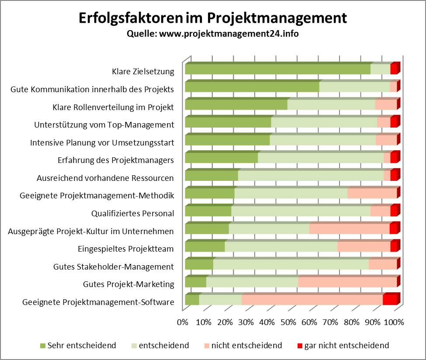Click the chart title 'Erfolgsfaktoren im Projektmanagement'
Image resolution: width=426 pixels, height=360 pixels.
[212, 18]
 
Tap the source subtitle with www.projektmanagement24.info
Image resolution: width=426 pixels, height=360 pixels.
[212, 34]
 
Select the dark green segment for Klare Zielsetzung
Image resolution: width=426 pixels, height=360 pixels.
[277, 69]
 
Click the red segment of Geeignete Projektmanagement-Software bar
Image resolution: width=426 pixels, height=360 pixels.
[389, 300]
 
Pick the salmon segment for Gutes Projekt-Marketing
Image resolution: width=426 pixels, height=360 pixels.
[347, 282]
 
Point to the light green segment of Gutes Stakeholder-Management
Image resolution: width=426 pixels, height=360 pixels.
[291, 264]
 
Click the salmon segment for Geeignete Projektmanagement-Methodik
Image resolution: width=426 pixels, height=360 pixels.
[372, 194]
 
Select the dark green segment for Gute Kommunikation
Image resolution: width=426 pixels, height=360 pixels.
[252, 87]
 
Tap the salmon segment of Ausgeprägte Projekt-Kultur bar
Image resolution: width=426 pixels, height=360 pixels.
[349, 229]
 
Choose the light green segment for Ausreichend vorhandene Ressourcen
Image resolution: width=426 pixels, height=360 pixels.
[310, 176]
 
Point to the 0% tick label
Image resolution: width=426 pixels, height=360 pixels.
[182, 322]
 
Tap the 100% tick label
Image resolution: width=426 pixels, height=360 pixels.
[394, 322]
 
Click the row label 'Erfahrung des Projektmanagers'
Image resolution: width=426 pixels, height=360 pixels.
[116, 160]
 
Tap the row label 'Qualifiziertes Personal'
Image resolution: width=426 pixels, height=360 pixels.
[132, 214]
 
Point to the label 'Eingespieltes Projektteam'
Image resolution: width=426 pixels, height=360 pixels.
[126, 249]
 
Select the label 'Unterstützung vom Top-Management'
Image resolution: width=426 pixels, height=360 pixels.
[104, 125]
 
